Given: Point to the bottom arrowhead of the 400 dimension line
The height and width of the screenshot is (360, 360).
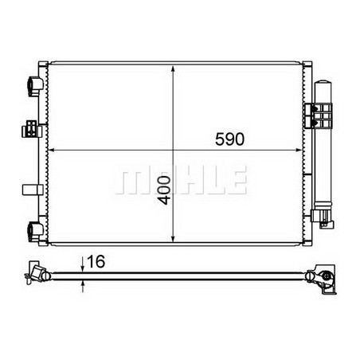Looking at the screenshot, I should click(x=174, y=237).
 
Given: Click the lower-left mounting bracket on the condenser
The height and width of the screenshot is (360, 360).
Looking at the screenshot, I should click(x=34, y=229).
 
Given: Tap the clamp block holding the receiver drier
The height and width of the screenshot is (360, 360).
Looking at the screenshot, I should click(x=320, y=117).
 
